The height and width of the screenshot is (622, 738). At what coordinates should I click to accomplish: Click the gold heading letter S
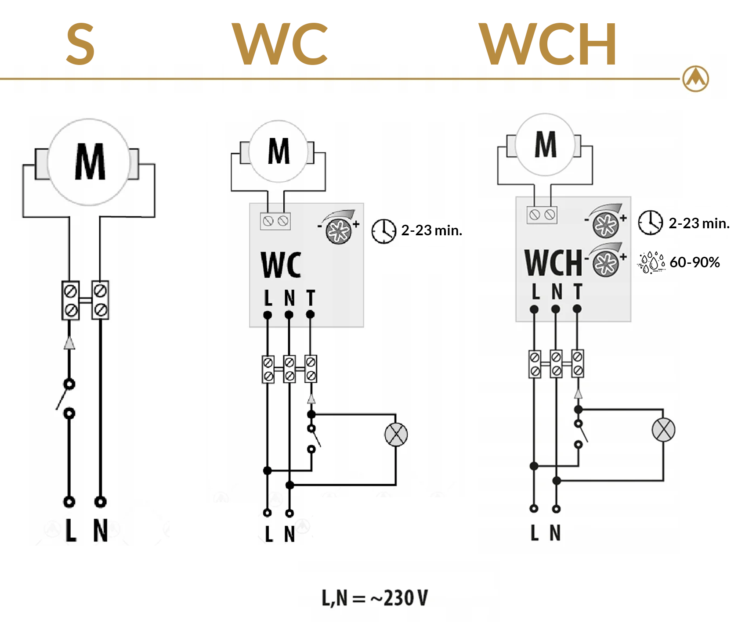coord(80,44)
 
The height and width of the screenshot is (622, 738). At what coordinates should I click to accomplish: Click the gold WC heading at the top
coord(280,44)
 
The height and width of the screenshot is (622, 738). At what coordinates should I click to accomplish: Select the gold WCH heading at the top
coord(548,44)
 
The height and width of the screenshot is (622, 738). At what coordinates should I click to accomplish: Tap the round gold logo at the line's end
coord(695,79)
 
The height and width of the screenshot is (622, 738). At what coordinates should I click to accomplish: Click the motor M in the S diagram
coord(90,162)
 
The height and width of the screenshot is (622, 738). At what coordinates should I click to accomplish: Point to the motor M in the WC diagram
coord(279,151)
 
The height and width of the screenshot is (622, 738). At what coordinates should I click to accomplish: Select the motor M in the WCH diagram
coord(545,144)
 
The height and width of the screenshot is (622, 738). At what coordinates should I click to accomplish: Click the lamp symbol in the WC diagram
coord(396,435)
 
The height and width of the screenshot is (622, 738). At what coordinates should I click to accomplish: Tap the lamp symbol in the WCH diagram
coord(663,430)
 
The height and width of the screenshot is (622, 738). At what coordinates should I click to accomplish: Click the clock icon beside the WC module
coord(383,231)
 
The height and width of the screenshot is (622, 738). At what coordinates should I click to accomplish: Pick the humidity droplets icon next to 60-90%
coord(652,262)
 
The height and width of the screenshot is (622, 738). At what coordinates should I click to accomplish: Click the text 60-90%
coord(695,262)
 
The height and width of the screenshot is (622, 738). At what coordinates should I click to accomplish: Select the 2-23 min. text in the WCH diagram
coord(698,223)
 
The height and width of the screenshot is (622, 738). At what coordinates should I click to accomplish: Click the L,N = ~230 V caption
coord(375,598)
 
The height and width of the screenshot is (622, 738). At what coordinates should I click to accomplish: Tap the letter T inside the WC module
coord(311,298)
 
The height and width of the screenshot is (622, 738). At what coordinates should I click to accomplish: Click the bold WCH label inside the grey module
coord(553,263)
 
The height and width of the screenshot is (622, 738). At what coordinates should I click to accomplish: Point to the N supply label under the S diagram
coord(101,531)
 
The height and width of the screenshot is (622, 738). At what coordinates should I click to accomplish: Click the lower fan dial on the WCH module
coord(606,263)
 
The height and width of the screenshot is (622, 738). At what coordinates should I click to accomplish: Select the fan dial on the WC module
coord(339,230)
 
